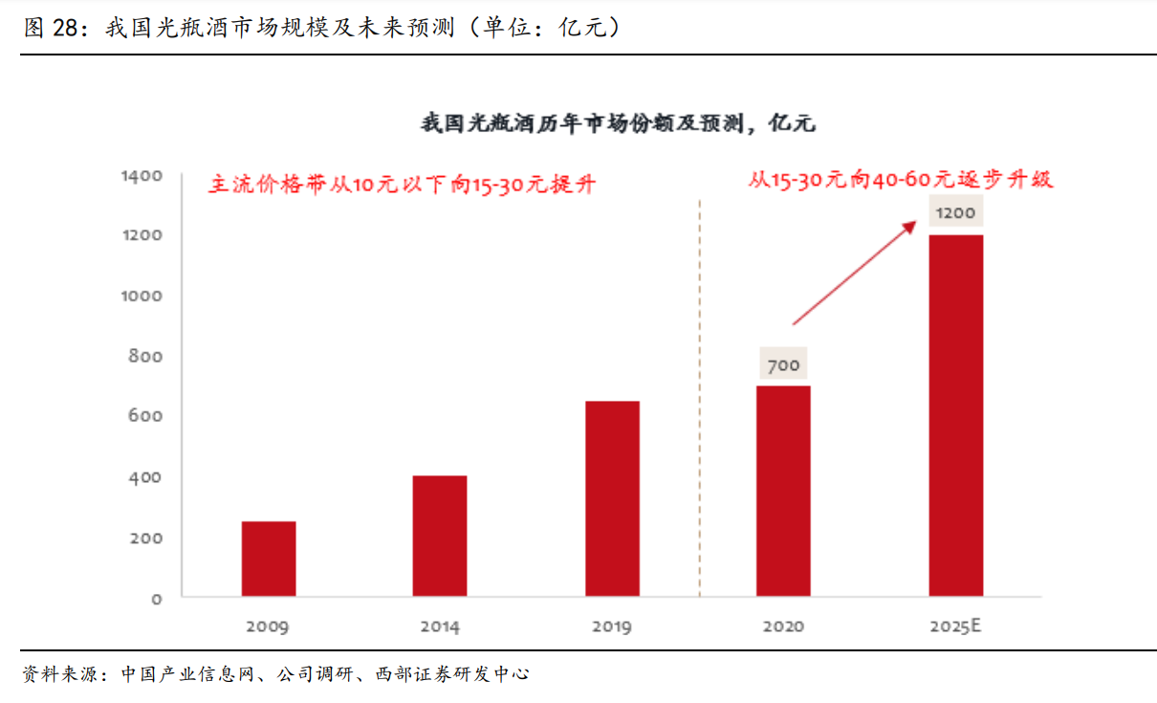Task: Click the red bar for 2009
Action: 269,559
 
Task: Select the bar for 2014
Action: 440,536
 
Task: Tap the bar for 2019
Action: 612,498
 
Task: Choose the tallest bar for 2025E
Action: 955,415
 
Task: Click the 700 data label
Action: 783,364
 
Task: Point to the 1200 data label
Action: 955,213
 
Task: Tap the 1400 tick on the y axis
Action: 142,176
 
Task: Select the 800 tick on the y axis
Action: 146,357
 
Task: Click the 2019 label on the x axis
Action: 612,627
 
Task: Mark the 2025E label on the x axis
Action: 955,627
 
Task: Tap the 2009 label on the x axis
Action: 268,627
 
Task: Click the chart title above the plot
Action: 618,123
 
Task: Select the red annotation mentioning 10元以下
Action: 402,184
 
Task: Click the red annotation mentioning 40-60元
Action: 900,179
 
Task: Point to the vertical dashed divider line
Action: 700,402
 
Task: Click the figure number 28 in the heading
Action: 63,28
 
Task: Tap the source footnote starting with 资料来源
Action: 275,674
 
